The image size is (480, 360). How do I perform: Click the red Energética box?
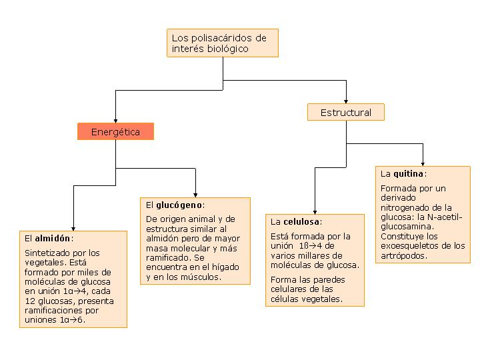click(116, 131)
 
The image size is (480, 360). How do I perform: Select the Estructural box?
click(346, 112)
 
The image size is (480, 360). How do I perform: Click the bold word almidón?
click(53, 238)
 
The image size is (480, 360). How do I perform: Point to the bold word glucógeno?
click(179, 205)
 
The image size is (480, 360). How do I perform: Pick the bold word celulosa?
click(301, 221)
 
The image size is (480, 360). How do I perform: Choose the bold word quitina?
click(409, 174)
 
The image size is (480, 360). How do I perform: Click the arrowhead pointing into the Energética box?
click(116, 121)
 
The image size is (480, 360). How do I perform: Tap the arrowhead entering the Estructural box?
click(346, 101)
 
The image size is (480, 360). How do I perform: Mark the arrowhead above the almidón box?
click(73, 229)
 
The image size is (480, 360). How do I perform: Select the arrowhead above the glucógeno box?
click(195, 195)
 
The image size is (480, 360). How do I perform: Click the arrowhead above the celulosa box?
click(315, 212)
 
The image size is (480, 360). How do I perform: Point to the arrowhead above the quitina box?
click(423, 165)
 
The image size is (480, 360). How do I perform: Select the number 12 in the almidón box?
click(30, 301)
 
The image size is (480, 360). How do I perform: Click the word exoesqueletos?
click(413, 245)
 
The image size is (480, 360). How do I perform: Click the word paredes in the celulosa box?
click(329, 280)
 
